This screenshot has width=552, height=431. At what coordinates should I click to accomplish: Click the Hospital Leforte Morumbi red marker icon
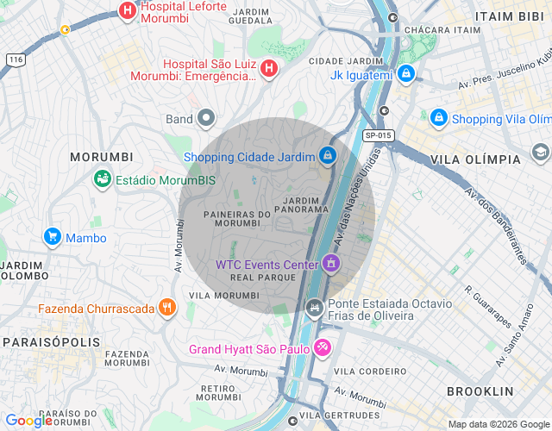click(x=128, y=11)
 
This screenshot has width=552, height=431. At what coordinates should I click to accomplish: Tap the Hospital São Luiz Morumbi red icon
click(x=269, y=68)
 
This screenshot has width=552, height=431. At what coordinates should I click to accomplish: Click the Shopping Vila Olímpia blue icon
click(x=439, y=118)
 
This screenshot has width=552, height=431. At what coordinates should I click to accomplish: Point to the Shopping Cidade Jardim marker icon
click(x=328, y=156)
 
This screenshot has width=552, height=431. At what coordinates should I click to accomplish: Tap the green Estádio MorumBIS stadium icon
click(x=102, y=180)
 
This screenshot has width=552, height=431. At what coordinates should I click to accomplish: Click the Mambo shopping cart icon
click(x=52, y=237)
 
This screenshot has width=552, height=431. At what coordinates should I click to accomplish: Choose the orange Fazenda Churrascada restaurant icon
click(x=167, y=308)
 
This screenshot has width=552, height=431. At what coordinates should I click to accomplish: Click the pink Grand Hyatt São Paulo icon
click(x=322, y=348)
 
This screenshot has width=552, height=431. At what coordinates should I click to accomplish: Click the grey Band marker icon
click(x=206, y=118)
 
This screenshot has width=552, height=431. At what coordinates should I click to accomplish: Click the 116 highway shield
click(x=15, y=59)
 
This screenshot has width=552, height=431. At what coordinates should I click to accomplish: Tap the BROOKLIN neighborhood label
click(x=480, y=390)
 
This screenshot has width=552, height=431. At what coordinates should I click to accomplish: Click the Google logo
click(x=28, y=421)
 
